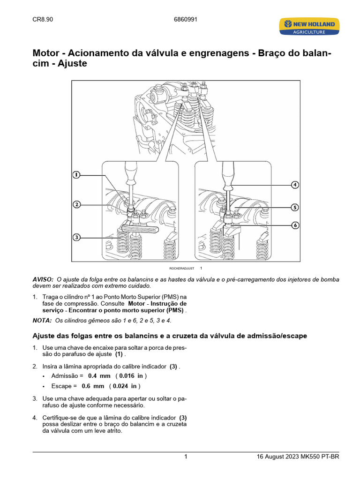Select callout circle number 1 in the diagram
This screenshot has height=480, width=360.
[76, 175]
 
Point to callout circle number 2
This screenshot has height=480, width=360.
[76, 204]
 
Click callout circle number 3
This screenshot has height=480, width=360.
[76, 238]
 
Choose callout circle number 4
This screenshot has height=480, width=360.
[294, 185]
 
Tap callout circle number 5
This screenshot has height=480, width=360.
[294, 207]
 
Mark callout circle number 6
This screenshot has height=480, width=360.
[294, 225]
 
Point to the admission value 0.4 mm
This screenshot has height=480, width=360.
[99, 376]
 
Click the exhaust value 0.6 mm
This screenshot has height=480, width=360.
[92, 386]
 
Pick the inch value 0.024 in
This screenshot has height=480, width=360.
[126, 386]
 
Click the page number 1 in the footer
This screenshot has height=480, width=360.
[186, 457]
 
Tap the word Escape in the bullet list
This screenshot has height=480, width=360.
[61, 386]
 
